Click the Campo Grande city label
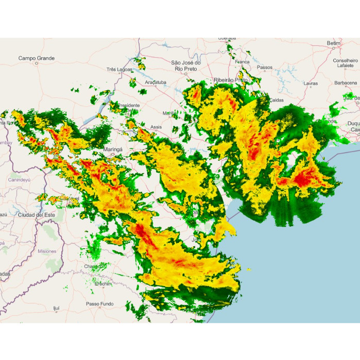coord(36,58)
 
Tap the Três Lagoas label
coord(119,69)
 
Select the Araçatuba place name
coord(156,82)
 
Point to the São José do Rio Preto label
coord(185,65)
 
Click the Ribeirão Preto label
coord(230,80)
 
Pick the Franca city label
coord(242,62)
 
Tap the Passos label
coord(265,67)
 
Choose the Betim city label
coord(334,43)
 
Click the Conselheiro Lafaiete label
coord(345,63)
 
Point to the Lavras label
coord(311,83)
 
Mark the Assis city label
coord(156,126)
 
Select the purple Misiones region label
coord(47,251)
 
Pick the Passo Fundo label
coord(99,304)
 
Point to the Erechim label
coord(103,284)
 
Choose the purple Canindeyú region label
coord(19,180)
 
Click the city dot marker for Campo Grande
coord(36,64)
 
